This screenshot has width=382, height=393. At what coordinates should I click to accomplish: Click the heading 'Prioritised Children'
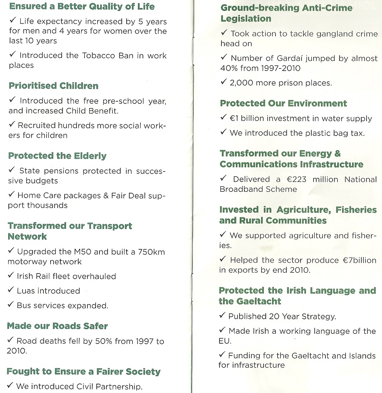pos(53,86)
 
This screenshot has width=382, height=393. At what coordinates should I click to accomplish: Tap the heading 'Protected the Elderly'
pos(57,156)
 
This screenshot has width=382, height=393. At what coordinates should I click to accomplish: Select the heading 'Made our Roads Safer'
pos(57,326)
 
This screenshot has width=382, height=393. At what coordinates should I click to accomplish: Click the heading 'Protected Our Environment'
pos(283,104)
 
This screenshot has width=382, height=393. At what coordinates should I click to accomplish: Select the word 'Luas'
pos(26,291)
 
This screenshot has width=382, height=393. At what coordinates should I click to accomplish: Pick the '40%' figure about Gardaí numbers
pos(229,68)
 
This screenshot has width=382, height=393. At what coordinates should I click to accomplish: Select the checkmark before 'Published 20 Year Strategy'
pos(222,316)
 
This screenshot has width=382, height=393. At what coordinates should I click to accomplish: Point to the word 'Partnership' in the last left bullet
pos(119,386)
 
